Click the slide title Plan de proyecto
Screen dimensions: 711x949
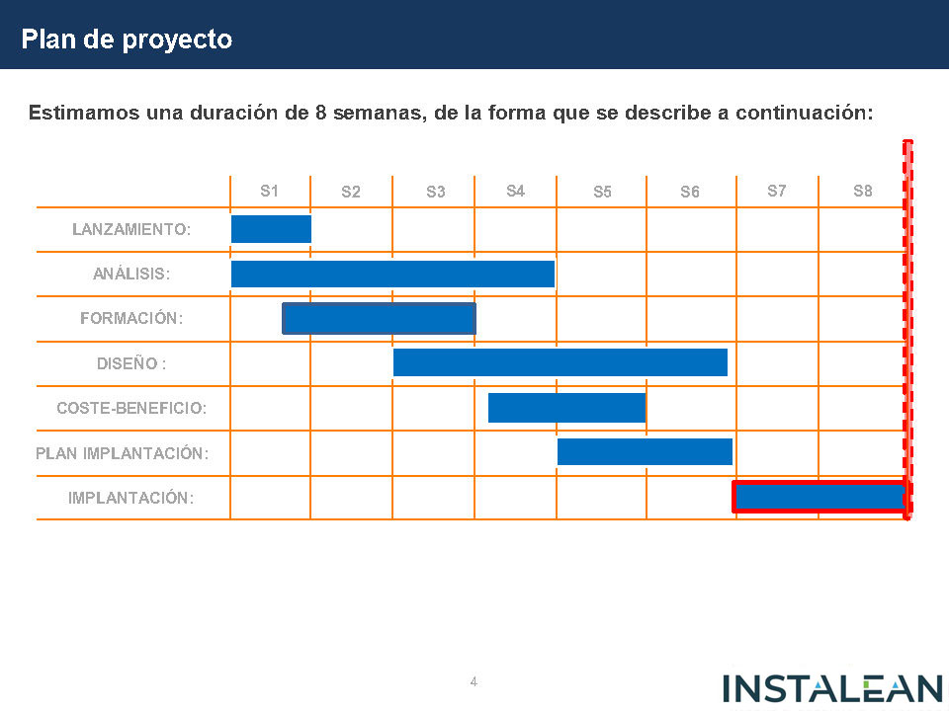(x=128, y=39)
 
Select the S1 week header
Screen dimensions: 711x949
(x=269, y=191)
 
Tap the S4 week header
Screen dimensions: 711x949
(x=515, y=191)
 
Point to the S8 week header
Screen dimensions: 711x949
(x=863, y=191)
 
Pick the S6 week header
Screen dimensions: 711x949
(x=690, y=192)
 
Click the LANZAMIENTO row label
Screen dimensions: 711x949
(x=131, y=229)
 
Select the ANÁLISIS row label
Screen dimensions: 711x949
(x=131, y=274)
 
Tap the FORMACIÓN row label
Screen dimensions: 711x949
(x=131, y=318)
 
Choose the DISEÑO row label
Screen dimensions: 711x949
(x=131, y=362)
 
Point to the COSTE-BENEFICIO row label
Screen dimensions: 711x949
(x=131, y=407)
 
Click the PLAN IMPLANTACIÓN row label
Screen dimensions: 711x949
(x=122, y=453)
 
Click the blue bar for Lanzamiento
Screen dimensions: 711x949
(x=271, y=229)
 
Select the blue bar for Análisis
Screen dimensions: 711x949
(x=392, y=274)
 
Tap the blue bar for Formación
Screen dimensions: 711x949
(x=379, y=318)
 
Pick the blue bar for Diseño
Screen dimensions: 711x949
(x=560, y=362)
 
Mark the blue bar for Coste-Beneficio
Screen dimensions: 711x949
(x=566, y=407)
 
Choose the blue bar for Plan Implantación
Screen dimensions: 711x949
(x=645, y=451)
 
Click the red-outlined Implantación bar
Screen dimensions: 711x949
(x=820, y=497)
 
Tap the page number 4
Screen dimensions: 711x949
(x=474, y=681)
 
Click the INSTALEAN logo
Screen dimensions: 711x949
(x=832, y=688)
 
